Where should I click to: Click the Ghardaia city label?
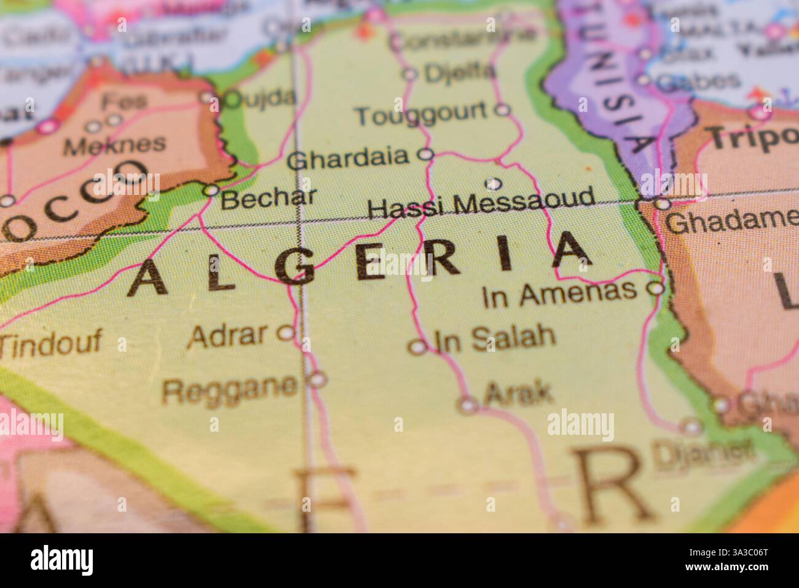(x=348, y=159)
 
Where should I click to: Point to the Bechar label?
(x=269, y=198)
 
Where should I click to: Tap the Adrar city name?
(x=229, y=335)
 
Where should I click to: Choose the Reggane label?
(x=230, y=387)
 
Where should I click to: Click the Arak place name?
(x=518, y=393)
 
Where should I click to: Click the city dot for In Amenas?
(x=657, y=288)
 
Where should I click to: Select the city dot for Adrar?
(x=286, y=333)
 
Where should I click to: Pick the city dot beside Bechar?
(x=211, y=191)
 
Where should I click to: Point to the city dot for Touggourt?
(x=503, y=110)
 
